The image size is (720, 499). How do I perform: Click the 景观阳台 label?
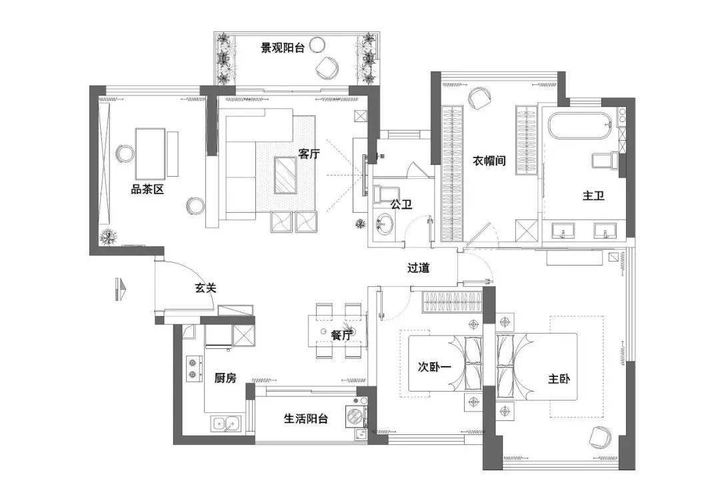[x=283, y=48]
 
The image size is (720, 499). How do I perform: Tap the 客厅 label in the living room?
[x=309, y=154]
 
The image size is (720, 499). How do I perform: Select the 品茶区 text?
[x=147, y=189]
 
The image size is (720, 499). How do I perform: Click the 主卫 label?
[x=593, y=196]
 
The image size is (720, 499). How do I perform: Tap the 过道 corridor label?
[x=419, y=268]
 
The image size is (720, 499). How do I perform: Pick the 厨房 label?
[x=225, y=378]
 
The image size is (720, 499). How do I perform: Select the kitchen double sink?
[x=225, y=422]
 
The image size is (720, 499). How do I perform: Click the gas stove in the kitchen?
[x=194, y=369]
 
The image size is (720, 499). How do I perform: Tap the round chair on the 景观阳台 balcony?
[x=327, y=65]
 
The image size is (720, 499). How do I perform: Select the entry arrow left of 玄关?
[x=120, y=288]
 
